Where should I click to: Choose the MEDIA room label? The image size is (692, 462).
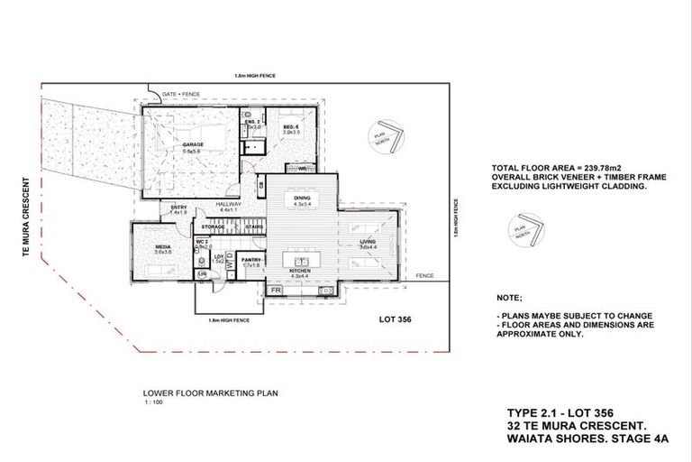pyautogui.click(x=162, y=245)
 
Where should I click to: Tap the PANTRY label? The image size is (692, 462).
pyautogui.click(x=250, y=260)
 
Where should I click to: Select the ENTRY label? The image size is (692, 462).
pyautogui.click(x=178, y=208)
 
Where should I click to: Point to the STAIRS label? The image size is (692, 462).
pyautogui.click(x=254, y=226)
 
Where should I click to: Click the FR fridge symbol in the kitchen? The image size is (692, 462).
pyautogui.click(x=275, y=291)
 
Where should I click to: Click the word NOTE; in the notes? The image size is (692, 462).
pyautogui.click(x=509, y=296)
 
